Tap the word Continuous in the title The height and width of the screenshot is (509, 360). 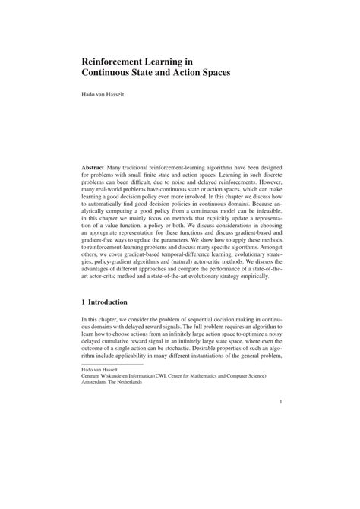coord(114,75)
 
